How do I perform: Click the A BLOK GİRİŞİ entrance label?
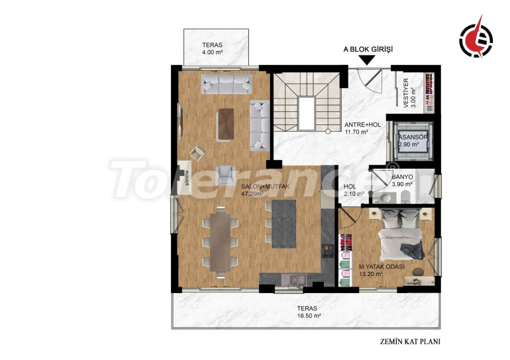[x=368, y=50]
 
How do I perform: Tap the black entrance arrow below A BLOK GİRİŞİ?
[x=368, y=60]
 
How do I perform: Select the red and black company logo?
[x=476, y=37]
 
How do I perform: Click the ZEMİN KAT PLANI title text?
[x=410, y=341]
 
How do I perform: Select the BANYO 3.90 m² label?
[x=402, y=181]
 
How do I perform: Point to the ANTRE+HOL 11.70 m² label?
[x=362, y=128]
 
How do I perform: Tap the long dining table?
[x=220, y=242]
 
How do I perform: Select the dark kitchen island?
[x=284, y=224]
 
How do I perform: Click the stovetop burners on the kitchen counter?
[x=328, y=250]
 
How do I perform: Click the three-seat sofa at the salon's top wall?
[x=227, y=84]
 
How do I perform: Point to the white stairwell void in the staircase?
[x=307, y=113]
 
